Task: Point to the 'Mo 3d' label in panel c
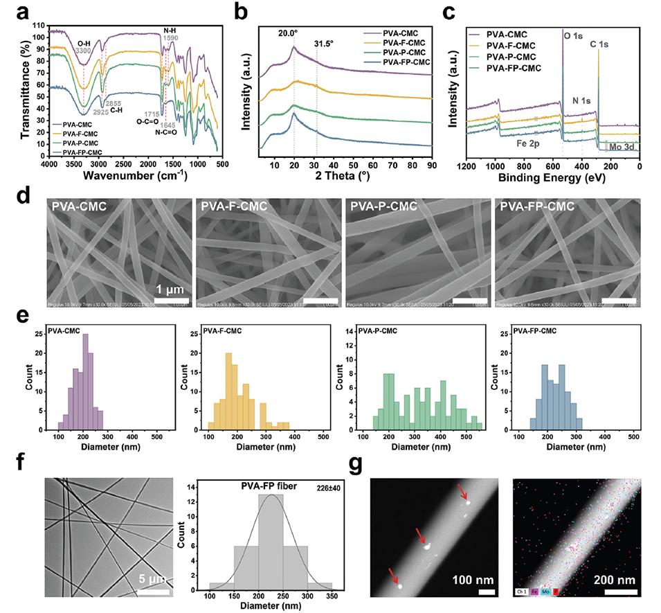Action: tap(622, 147)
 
